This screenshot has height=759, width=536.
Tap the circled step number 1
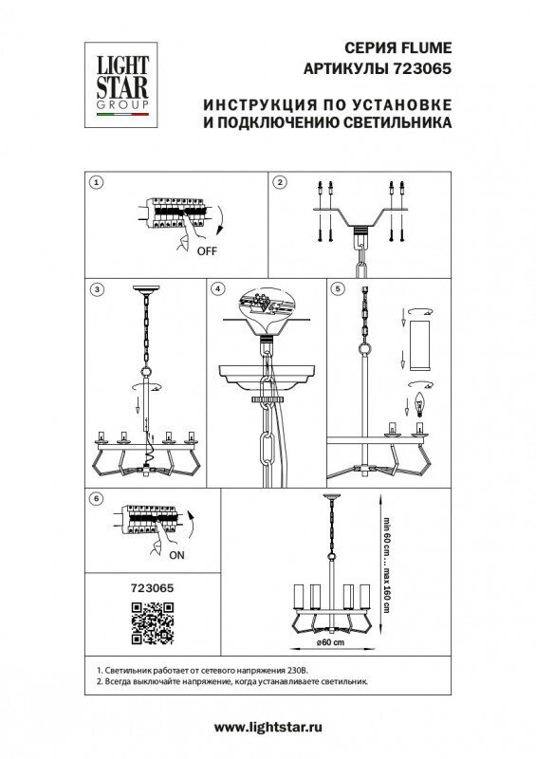95,181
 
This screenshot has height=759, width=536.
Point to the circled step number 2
280,181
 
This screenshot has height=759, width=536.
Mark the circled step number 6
95,498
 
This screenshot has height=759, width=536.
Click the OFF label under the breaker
207,252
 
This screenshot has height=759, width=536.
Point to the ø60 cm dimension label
331,644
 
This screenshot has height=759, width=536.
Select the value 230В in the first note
304,670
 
